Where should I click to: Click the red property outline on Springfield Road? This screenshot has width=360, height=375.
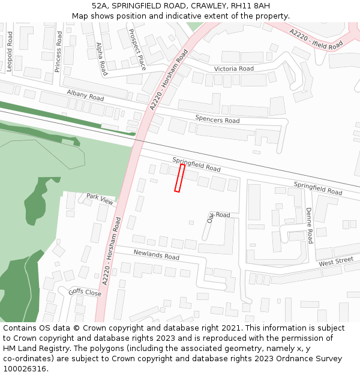tap(179, 178)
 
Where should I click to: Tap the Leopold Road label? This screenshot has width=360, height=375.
tap(10, 52)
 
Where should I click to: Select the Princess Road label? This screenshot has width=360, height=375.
tap(58, 52)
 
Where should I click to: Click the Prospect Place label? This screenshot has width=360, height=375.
tap(137, 50)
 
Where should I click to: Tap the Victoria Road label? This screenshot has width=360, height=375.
tap(234, 69)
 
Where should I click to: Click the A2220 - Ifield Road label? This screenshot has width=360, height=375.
tap(316, 39)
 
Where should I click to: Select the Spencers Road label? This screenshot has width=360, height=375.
tap(217, 120)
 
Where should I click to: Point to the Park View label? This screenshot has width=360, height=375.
tap(100, 199)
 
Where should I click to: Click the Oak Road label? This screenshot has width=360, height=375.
tap(218, 216)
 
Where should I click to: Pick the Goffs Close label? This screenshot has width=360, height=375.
tap(85, 292)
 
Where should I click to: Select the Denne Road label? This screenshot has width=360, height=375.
tap(309, 226)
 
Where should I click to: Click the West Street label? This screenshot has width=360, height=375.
tap(336, 262)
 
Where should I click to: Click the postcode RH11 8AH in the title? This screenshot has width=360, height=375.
tap(251, 6)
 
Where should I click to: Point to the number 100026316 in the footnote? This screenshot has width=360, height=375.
tap(24, 368)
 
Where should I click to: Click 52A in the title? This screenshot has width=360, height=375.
tap(100, 6)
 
